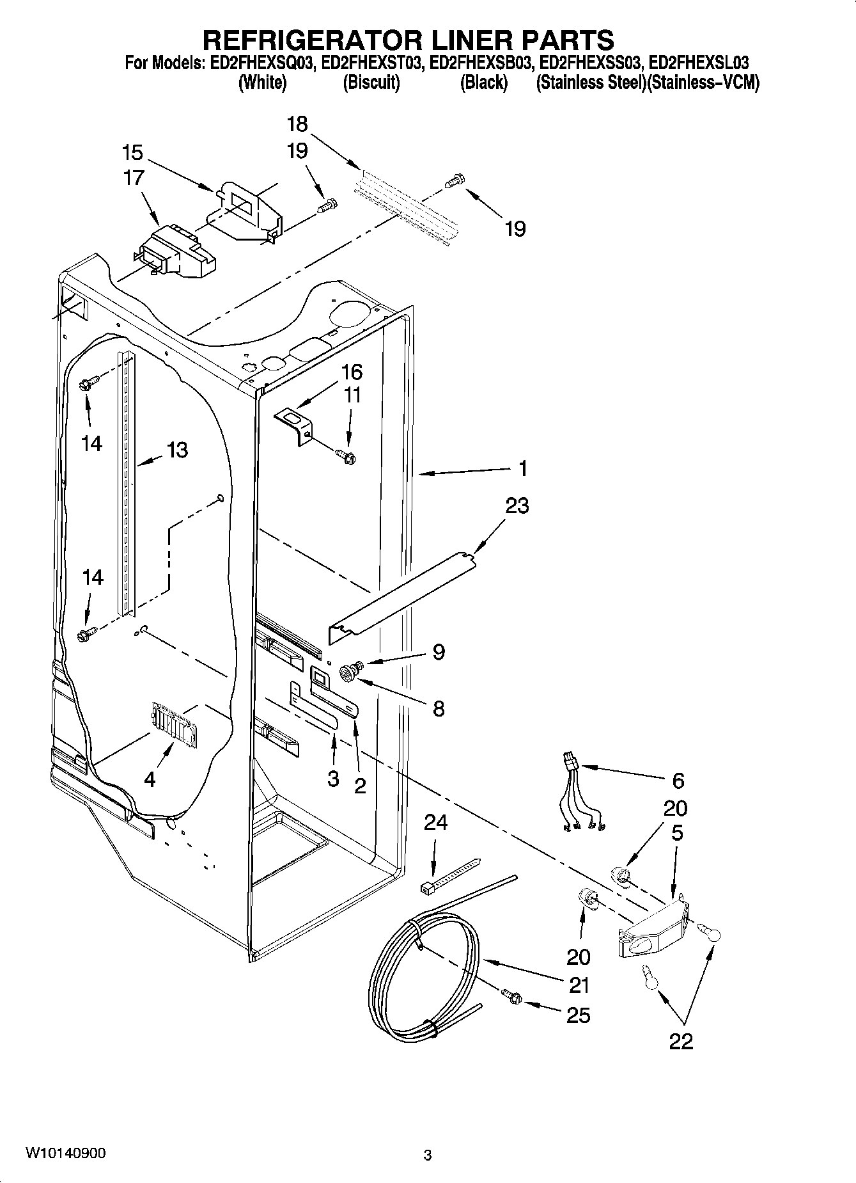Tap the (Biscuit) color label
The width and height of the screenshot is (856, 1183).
click(371, 83)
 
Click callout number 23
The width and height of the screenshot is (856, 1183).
click(517, 505)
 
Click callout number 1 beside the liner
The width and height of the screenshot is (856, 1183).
click(523, 468)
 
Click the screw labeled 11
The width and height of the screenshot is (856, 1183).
click(346, 456)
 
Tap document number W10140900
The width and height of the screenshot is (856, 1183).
click(66, 1152)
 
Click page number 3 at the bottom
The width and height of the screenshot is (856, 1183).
click(428, 1155)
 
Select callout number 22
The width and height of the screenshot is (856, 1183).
click(681, 1041)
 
